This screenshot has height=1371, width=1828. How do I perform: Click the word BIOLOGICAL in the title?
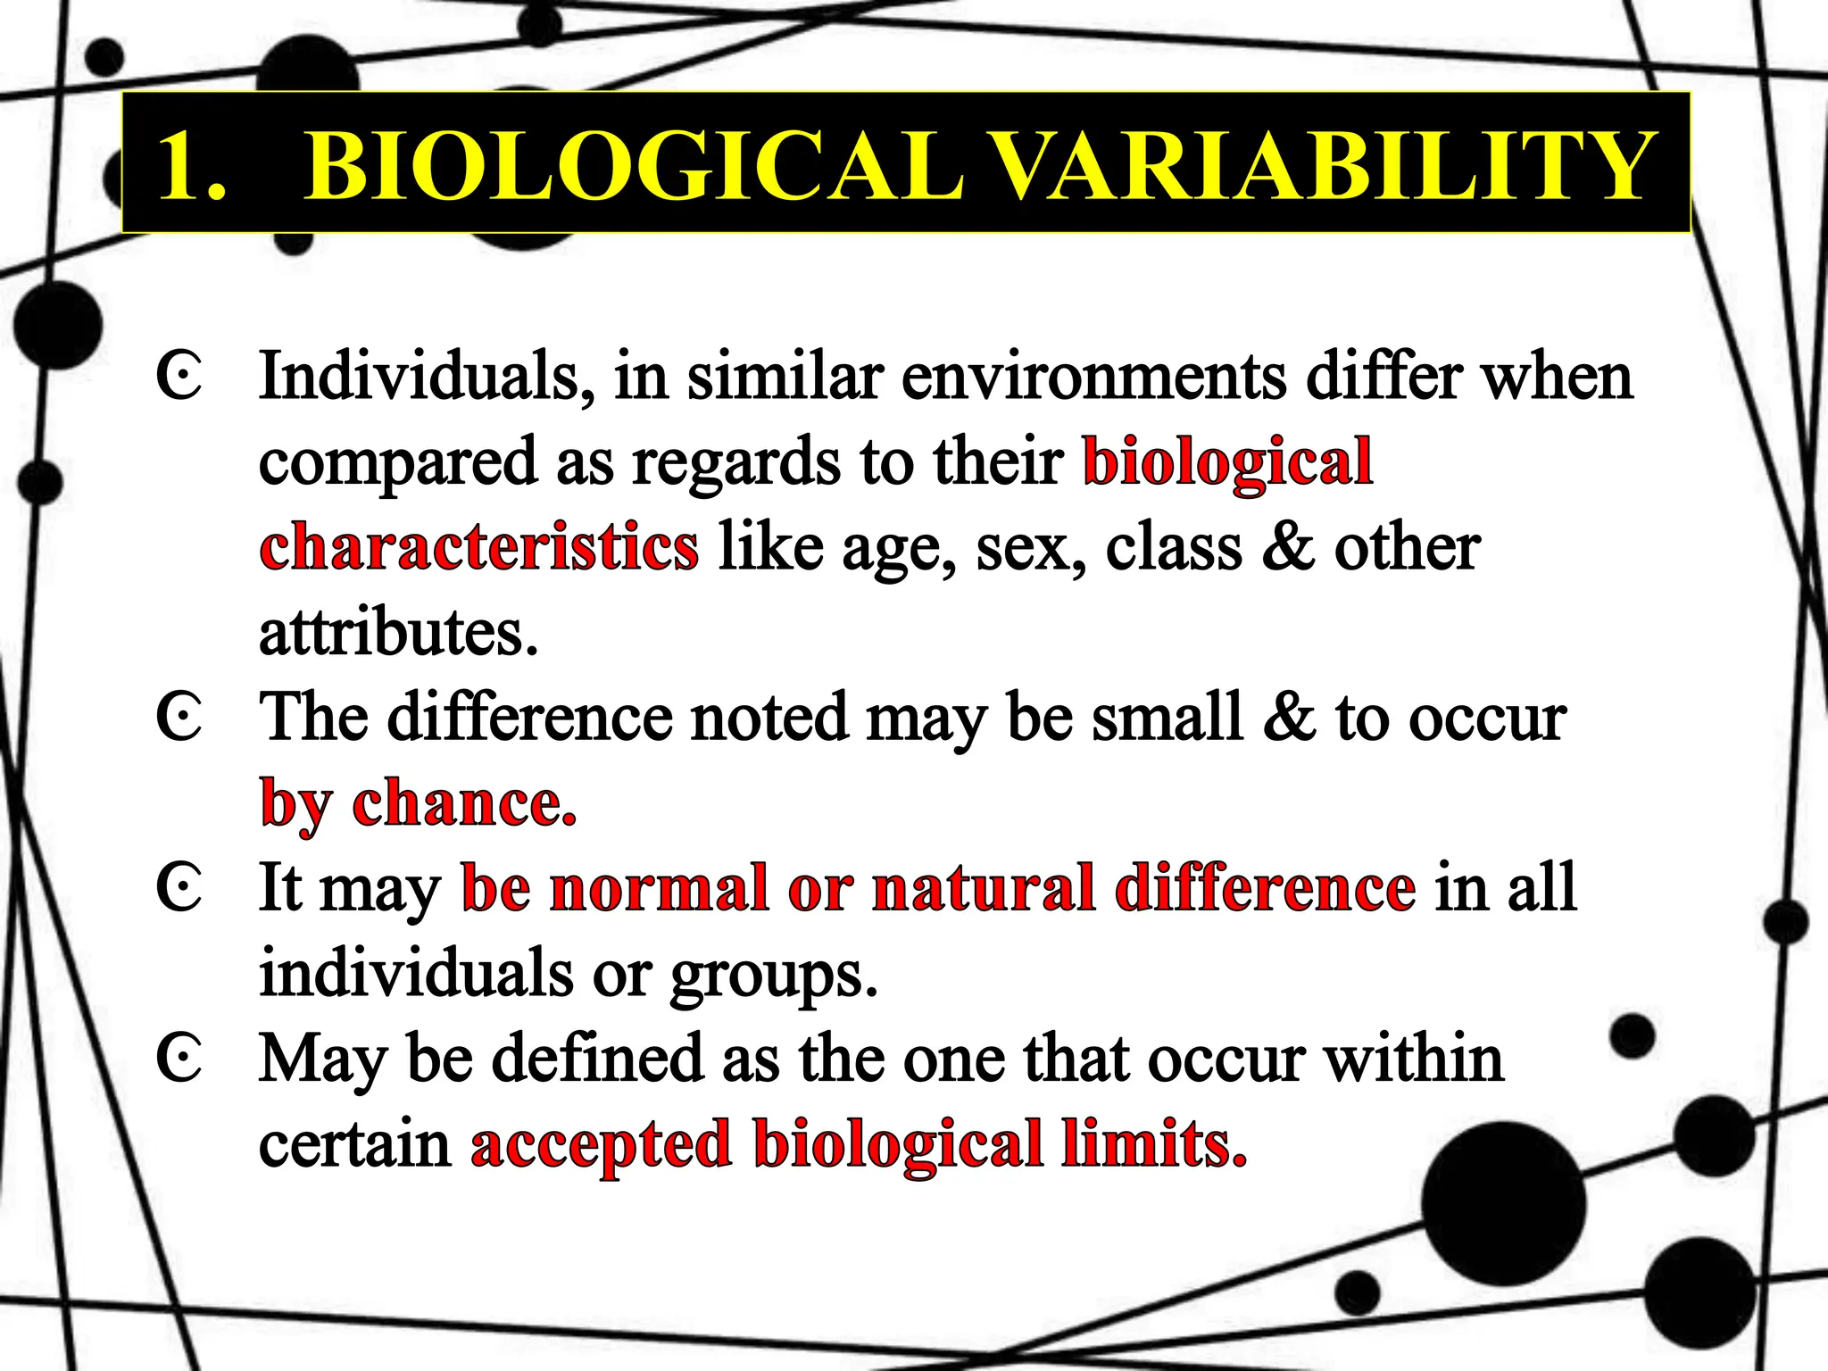click(634, 167)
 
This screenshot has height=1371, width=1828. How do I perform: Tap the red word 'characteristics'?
click(479, 546)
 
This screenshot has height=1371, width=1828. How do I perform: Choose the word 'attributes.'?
click(399, 632)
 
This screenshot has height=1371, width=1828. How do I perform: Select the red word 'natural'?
click(983, 888)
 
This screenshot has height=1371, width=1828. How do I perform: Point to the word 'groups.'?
click(774, 975)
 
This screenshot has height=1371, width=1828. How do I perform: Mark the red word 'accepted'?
click(601, 1145)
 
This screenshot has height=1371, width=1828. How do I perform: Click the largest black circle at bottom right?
click(1503, 1204)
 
